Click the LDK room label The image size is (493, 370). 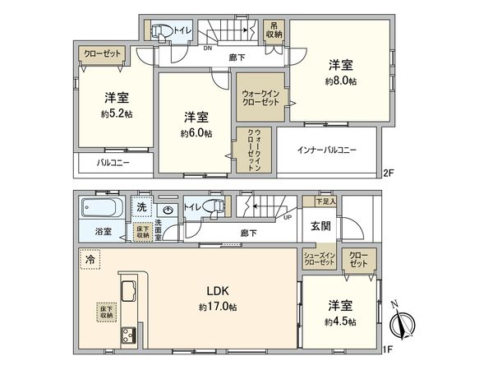pyautogui.click(x=217, y=290)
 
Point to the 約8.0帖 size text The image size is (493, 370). pyautogui.click(x=340, y=81)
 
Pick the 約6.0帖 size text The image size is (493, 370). pyautogui.click(x=196, y=132)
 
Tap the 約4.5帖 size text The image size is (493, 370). pyautogui.click(x=340, y=321)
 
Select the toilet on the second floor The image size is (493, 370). pyautogui.click(x=161, y=31)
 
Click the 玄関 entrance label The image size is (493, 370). pyautogui.click(x=320, y=224)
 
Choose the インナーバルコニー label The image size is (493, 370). pyautogui.click(x=326, y=150)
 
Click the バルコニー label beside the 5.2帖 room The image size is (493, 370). pyautogui.click(x=114, y=164)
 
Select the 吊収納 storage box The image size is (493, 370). pyautogui.click(x=274, y=30)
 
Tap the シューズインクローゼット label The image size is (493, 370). pyautogui.click(x=319, y=259)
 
